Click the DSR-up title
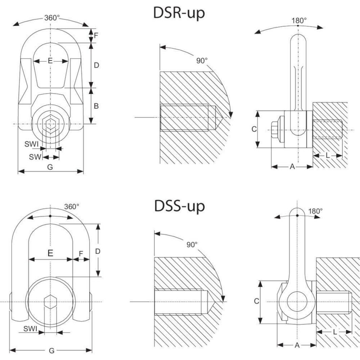(180, 14)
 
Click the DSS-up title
(180, 206)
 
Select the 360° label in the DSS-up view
(71, 207)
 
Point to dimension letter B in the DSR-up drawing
(96, 106)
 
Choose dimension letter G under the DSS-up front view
(51, 351)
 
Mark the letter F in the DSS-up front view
(81, 253)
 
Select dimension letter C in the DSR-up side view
(254, 129)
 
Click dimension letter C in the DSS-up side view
(256, 301)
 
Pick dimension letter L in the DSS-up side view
(335, 332)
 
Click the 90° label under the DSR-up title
(202, 61)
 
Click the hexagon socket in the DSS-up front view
(50, 301)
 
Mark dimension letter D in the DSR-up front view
(96, 65)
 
